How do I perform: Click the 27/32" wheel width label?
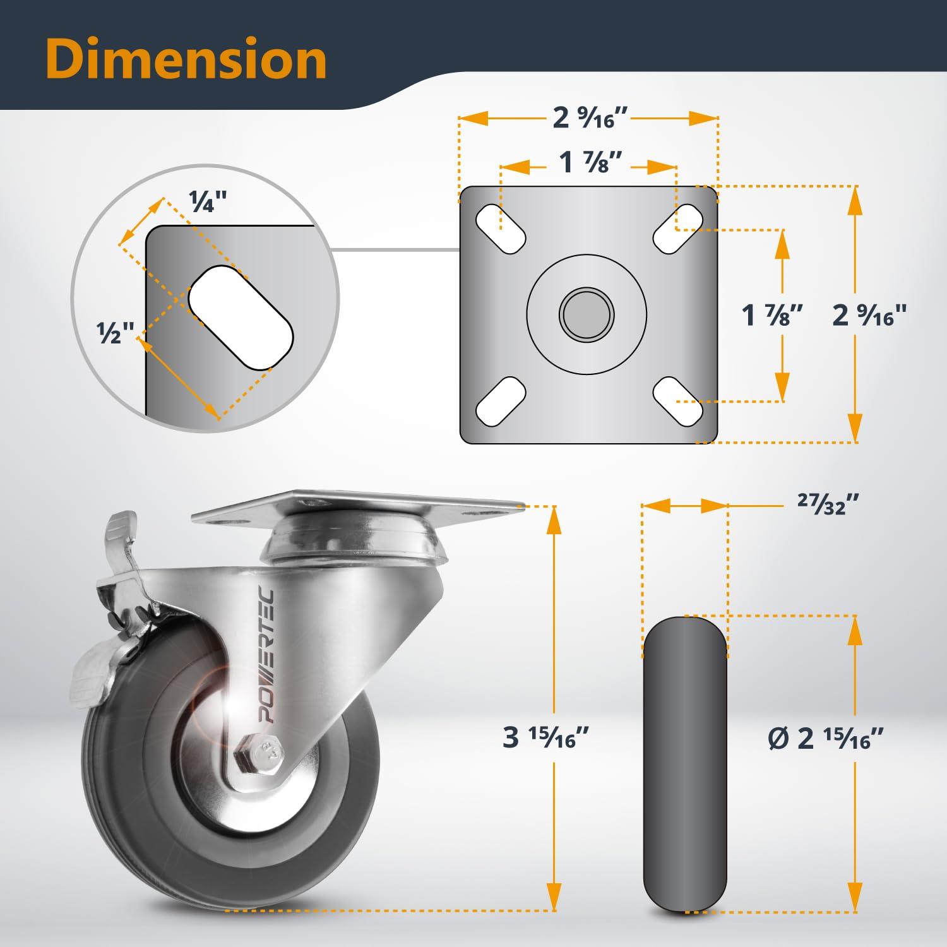coord(828,504)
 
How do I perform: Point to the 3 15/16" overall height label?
coord(546,737)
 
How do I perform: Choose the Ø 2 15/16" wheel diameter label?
coord(825,737)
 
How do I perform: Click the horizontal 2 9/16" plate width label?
coord(592,118)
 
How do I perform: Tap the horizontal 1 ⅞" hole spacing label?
coord(587,164)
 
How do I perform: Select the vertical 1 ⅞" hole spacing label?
coord(773,314)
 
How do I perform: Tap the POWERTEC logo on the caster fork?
coord(272,656)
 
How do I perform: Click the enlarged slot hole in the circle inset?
coord(241,318)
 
